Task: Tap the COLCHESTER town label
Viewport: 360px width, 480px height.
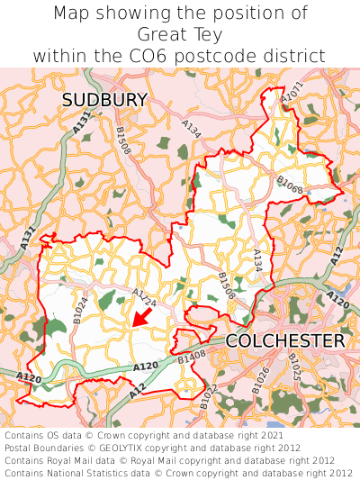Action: coord(284,341)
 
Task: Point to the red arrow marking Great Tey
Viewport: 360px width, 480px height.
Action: coord(139,316)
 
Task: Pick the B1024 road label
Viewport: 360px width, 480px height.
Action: coord(80,309)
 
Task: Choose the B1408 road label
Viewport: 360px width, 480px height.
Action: coord(192,359)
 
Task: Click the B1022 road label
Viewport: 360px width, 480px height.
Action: coord(209,397)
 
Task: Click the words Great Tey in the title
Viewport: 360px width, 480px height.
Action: coord(180,34)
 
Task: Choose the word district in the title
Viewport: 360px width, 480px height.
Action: coord(296,55)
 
